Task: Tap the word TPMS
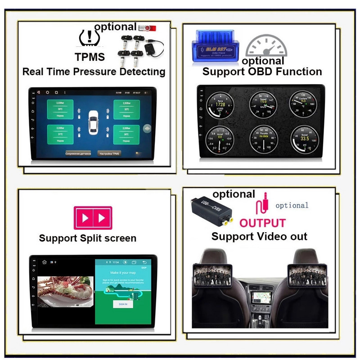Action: (x=90, y=57)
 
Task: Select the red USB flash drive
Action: (x=147, y=28)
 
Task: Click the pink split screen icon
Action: (x=93, y=218)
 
